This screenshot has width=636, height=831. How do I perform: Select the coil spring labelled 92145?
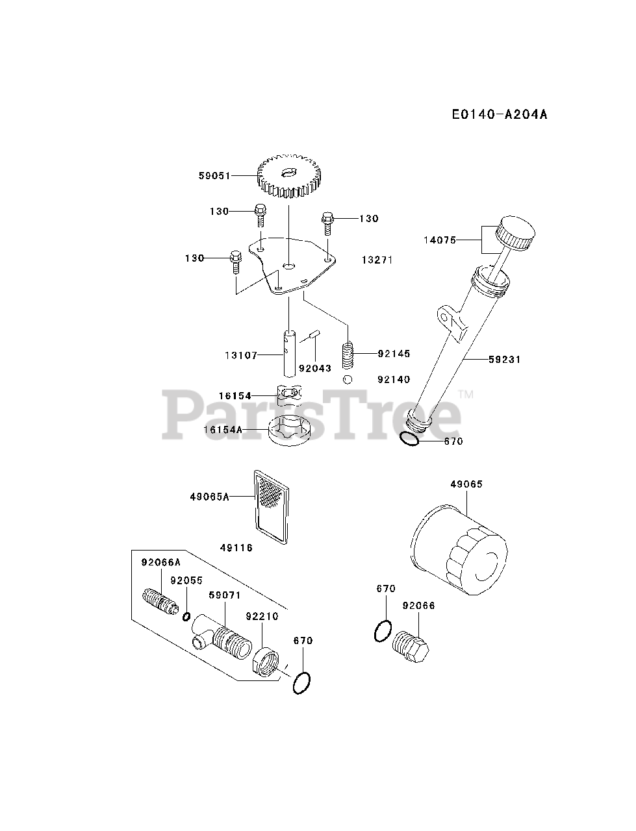tap(350, 354)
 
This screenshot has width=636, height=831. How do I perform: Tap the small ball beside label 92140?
tap(348, 380)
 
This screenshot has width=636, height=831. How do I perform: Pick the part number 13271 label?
tap(378, 260)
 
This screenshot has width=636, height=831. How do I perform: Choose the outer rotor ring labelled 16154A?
tap(290, 431)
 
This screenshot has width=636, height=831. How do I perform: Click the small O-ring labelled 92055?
tap(186, 616)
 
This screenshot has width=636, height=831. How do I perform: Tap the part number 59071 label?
tap(225, 594)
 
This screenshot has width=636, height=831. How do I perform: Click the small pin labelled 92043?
tap(314, 336)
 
